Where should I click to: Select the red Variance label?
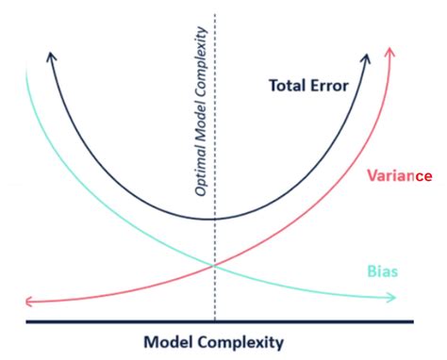tap(395, 176)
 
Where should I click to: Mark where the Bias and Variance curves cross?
tap(216, 265)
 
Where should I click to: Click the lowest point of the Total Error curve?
tap(216, 219)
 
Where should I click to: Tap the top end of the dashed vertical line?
tap(216, 13)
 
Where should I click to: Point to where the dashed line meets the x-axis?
tap(216, 321)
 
